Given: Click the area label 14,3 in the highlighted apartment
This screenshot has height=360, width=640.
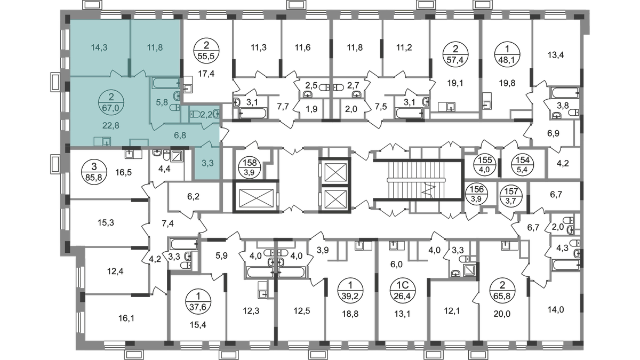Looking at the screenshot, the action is pos(99,47).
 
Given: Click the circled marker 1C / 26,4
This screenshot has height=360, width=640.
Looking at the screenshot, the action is pos(403,291).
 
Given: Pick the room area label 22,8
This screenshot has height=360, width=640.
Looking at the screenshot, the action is pos(110,125).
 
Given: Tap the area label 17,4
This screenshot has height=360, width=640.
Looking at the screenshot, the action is pos(206,74).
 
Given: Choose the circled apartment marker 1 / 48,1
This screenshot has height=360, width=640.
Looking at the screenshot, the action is pos(507,54).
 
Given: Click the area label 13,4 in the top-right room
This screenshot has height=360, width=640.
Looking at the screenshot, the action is pos(555,55).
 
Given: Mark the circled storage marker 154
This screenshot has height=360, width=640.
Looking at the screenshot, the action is pos(523,165).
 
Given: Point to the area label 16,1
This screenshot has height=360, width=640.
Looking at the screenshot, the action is pos(126,318).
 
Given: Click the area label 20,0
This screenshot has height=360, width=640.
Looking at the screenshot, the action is pos(502,314).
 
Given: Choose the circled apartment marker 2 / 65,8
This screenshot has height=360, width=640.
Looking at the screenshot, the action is pos(502,291).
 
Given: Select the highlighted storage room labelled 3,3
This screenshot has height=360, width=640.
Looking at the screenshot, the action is pos(207,163).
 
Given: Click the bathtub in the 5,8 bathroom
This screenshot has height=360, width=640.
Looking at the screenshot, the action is pos(165,83).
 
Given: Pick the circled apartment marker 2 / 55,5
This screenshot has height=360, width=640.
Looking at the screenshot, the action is pos(206,50).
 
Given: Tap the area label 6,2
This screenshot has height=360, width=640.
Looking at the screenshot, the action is pos(194,197).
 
